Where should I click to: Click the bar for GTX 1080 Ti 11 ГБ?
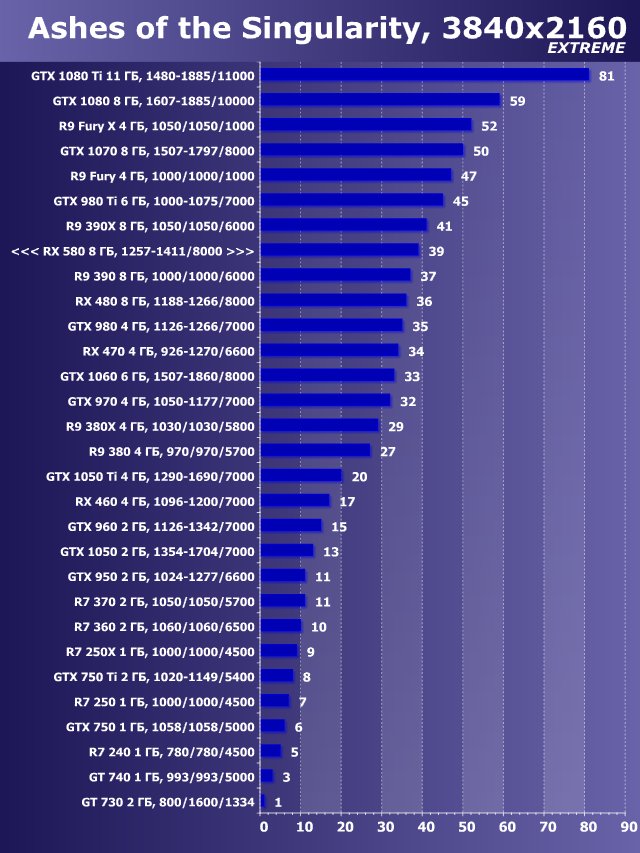pyautogui.click(x=425, y=75)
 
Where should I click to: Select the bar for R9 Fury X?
pyautogui.click(x=366, y=125)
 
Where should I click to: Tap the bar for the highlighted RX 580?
pyautogui.click(x=340, y=250)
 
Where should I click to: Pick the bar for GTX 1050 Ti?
pyautogui.click(x=302, y=476)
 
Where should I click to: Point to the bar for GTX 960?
pyautogui.click(x=292, y=526)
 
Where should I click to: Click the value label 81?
pyautogui.click(x=606, y=76)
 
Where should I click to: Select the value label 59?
pyautogui.click(x=517, y=101)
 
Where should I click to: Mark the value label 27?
pyautogui.click(x=388, y=451)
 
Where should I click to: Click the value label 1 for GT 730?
pyautogui.click(x=278, y=802)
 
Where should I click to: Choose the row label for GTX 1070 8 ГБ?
pyautogui.click(x=157, y=151)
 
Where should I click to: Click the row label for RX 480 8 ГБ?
pyautogui.click(x=165, y=301)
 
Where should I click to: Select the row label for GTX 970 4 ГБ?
pyautogui.click(x=161, y=401)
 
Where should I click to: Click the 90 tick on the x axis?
pyautogui.click(x=625, y=827)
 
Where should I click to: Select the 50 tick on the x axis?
pyautogui.click(x=465, y=827)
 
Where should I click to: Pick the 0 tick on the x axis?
pyautogui.click(x=263, y=827)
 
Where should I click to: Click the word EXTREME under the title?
pyautogui.click(x=586, y=47)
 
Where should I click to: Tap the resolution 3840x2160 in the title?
pyautogui.click(x=529, y=28)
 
